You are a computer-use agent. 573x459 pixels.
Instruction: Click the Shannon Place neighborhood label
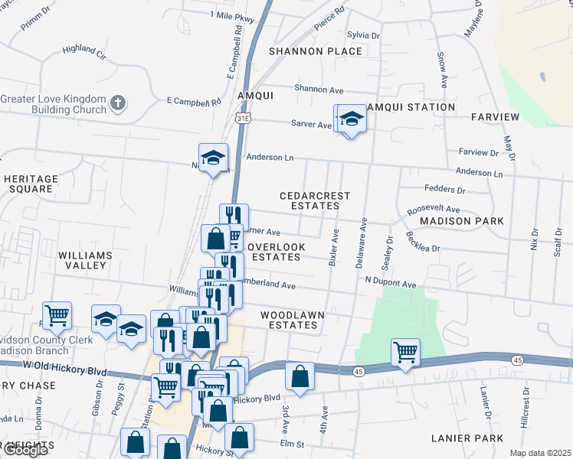pos(315,51)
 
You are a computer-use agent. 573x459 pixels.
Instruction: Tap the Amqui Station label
pos(410,106)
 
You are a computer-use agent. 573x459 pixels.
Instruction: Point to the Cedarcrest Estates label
pos(314,200)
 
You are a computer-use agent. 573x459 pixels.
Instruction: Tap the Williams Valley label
pos(85,260)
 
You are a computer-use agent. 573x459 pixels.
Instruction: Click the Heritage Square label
pos(31,184)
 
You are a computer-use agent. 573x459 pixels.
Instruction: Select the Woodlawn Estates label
pos(292,320)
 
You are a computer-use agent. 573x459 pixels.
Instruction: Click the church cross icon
pos(117,103)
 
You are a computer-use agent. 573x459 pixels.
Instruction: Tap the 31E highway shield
pos(243,119)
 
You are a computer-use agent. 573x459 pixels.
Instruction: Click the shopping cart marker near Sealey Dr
pos(405,353)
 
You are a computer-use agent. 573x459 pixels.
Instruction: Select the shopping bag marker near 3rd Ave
pos(300,376)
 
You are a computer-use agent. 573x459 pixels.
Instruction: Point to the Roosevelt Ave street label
pos(434,209)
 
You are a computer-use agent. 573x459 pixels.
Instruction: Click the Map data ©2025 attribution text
pos(540,453)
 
